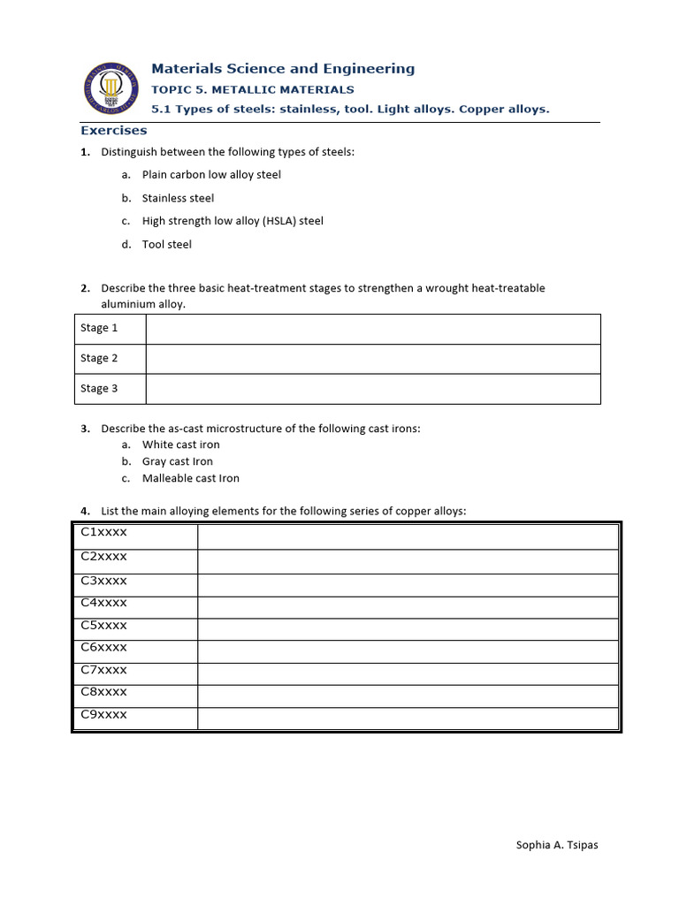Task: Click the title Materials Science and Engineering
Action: click(283, 69)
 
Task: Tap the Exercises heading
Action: click(114, 131)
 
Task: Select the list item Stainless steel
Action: click(178, 198)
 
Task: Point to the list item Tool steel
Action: click(166, 244)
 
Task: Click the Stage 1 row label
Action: click(99, 328)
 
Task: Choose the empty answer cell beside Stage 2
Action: click(372, 358)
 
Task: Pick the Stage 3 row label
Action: click(99, 388)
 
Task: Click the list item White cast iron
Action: click(180, 445)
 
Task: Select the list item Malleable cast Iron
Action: click(190, 478)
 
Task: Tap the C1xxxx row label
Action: click(104, 532)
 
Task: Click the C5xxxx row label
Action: click(104, 625)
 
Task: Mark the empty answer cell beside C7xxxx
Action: click(408, 673)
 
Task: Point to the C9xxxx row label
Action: click(104, 714)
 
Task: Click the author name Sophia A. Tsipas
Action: click(557, 845)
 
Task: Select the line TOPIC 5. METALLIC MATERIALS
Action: click(253, 89)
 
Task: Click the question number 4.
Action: click(84, 511)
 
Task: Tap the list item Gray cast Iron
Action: click(177, 461)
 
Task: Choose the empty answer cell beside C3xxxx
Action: click(408, 584)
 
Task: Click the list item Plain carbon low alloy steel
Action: click(211, 175)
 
